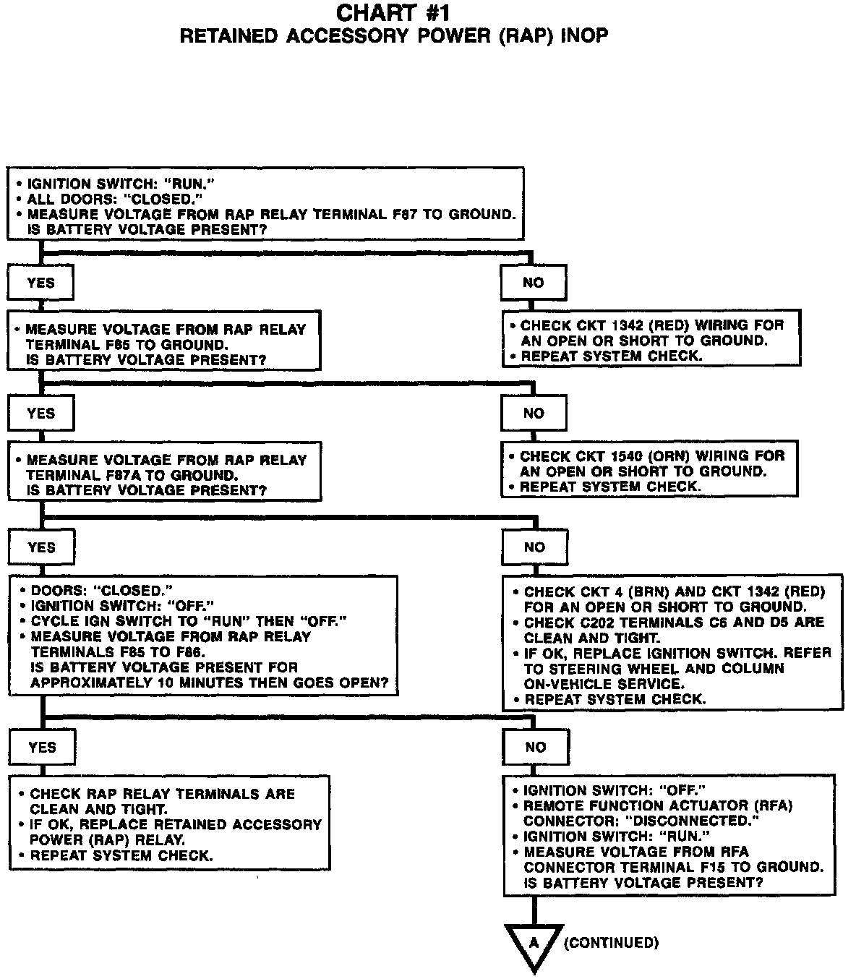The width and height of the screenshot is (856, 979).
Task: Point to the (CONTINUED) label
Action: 611,943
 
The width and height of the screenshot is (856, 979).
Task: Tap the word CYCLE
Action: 51,621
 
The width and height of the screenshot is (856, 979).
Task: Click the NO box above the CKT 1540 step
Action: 534,414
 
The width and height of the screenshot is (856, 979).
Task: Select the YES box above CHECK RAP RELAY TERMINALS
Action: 42,747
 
